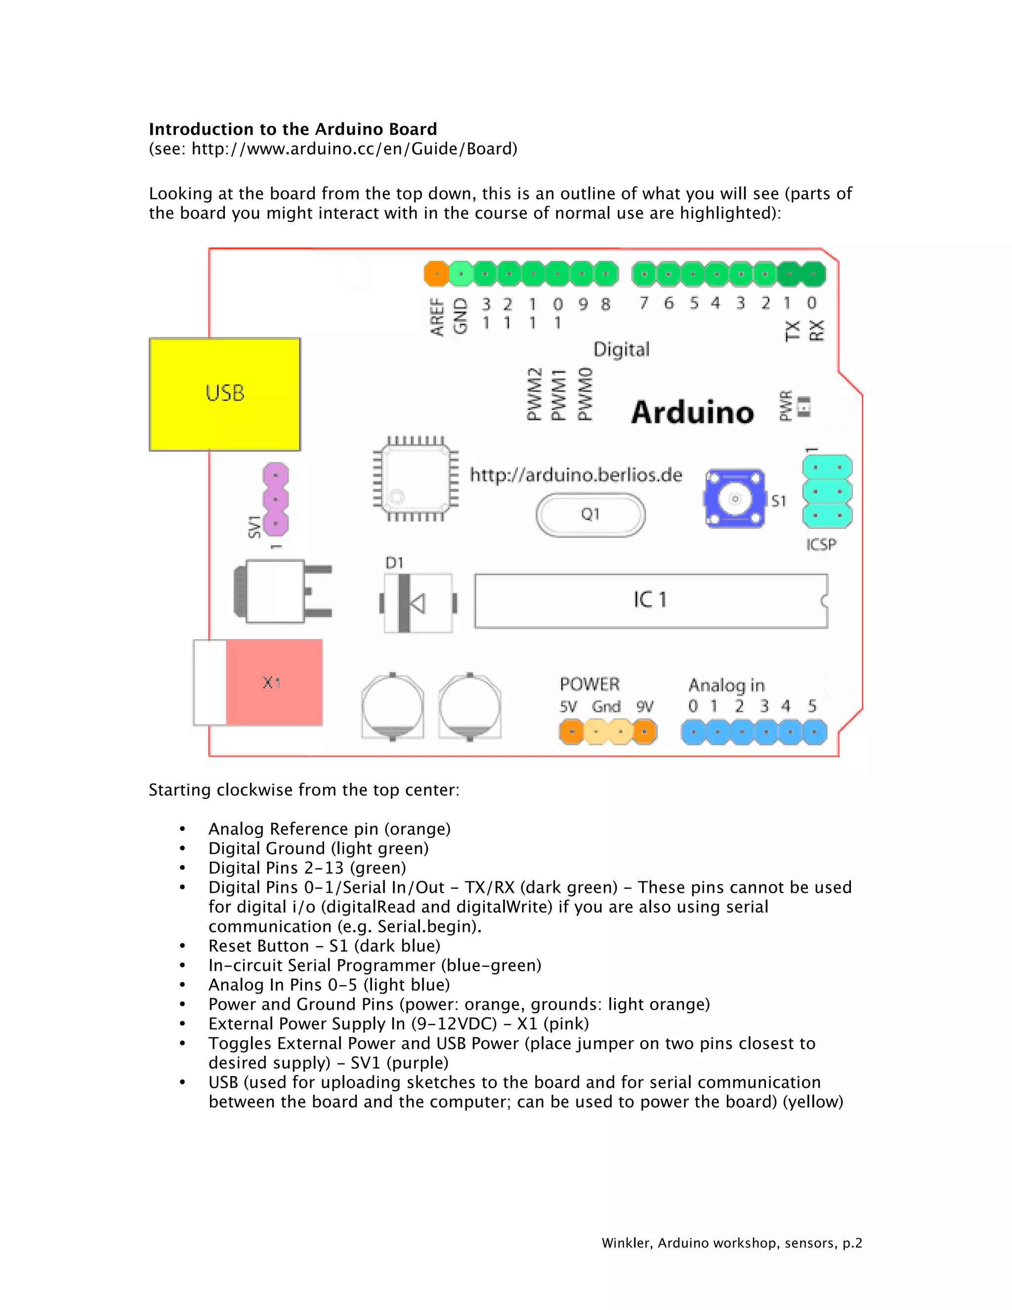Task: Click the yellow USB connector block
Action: click(x=225, y=394)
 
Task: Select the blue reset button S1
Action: click(x=735, y=498)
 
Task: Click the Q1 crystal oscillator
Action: click(x=590, y=515)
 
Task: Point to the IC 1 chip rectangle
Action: click(x=650, y=601)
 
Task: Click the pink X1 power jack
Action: click(x=274, y=683)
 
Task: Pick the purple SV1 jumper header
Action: click(x=276, y=499)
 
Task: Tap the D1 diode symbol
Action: click(x=417, y=603)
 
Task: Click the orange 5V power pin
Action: click(x=571, y=732)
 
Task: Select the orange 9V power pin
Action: click(x=645, y=732)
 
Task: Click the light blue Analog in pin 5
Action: click(x=814, y=732)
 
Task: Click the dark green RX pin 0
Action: click(x=813, y=274)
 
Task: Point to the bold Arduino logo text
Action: click(x=692, y=413)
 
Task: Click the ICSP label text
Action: click(x=821, y=545)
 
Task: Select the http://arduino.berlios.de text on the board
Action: click(x=576, y=475)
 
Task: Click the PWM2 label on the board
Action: click(x=534, y=394)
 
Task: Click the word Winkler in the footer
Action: click(x=627, y=1243)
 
